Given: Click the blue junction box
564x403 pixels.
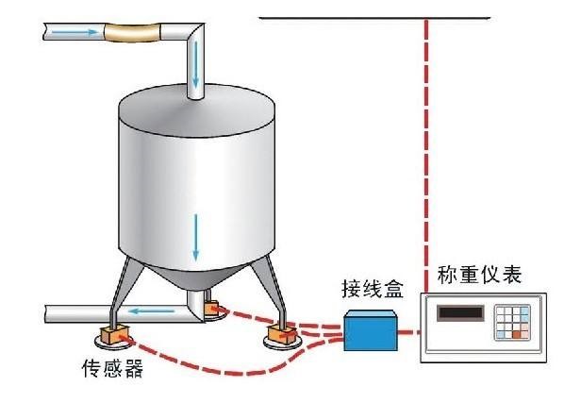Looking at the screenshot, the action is [371, 330].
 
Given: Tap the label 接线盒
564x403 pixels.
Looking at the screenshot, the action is [373, 289].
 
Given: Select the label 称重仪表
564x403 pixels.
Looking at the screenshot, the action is [479, 275].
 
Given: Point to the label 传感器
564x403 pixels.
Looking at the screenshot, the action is [112, 368].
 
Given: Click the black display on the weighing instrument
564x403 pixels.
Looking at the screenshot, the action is [460, 313].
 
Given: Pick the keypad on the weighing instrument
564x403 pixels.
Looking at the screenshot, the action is [512, 323].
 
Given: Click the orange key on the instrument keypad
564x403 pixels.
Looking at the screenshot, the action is [517, 335].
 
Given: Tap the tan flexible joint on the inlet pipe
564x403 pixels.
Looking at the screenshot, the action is [132, 32].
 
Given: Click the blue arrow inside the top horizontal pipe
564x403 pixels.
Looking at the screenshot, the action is [75, 32].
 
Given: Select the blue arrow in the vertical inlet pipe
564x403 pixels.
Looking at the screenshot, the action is [195, 64].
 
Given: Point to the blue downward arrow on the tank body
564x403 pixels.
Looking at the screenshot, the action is [195, 237].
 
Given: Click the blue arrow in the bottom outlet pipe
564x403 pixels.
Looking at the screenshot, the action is [152, 311].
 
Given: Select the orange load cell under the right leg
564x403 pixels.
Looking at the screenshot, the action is [282, 333].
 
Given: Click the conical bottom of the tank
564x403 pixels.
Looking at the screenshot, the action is [196, 277].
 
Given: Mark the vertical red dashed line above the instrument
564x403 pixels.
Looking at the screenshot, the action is [426, 156].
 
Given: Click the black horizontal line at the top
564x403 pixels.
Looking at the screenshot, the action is [374, 18].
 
